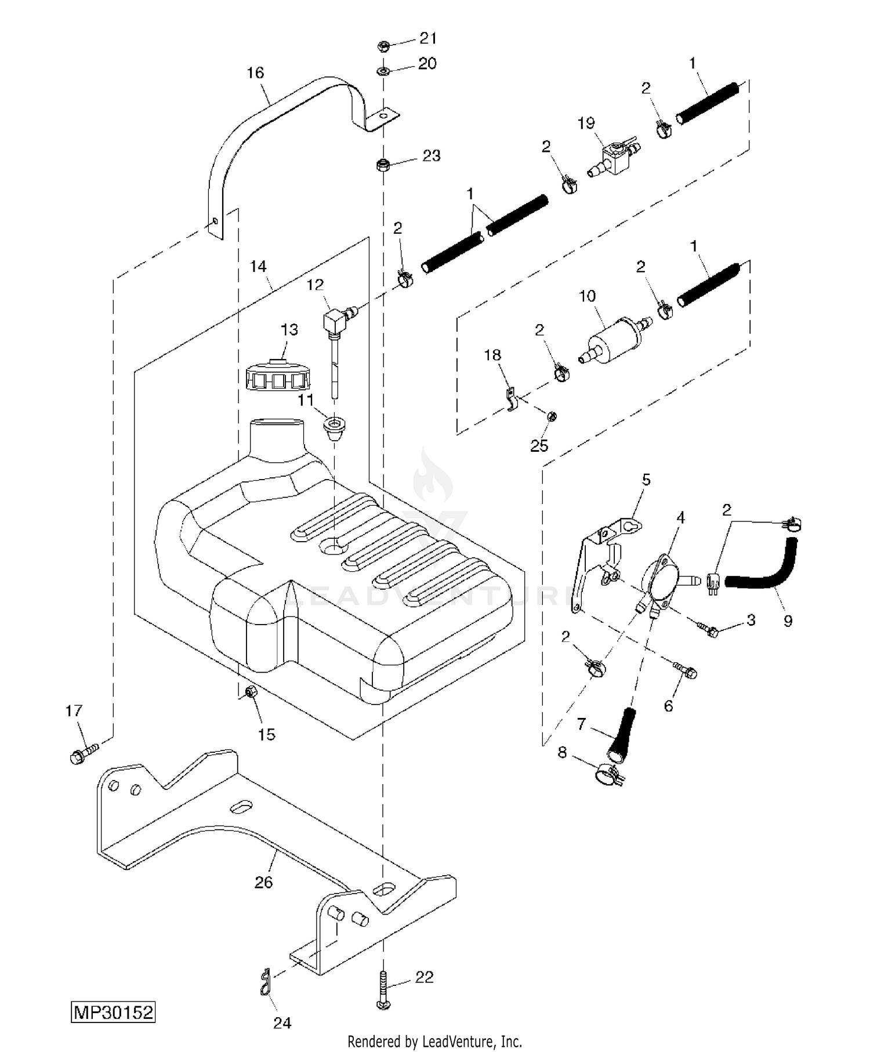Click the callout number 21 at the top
(428, 38)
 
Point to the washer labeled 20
(383, 71)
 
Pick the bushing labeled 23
(383, 165)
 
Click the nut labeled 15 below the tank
(251, 692)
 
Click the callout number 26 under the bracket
(263, 882)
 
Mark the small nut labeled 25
(552, 415)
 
